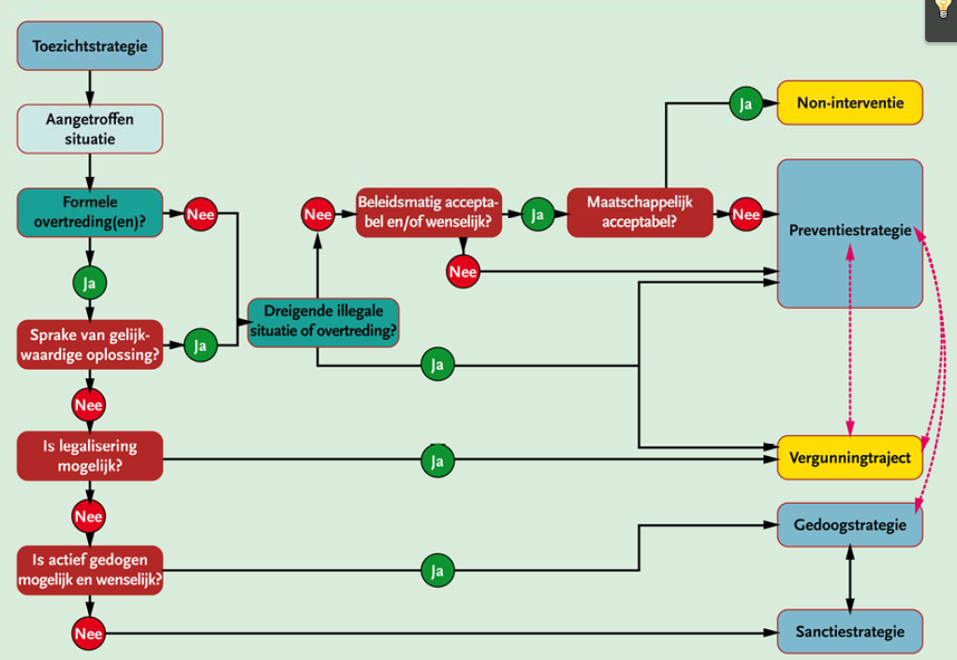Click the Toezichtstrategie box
pos(90,46)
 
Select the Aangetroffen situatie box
pos(90,128)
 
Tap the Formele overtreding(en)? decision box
pos(90,213)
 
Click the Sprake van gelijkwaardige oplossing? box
pos(90,345)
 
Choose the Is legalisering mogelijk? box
pos(90,456)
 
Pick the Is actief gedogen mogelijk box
pos(90,570)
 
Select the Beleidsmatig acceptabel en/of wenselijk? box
pos(429,213)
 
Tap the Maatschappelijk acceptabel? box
pos(640,213)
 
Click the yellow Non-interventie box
pos(850,102)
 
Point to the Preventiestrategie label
pos(850,230)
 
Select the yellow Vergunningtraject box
pos(850,458)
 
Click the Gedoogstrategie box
pos(850,524)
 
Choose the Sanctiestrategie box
pos(850,631)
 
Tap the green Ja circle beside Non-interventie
pos(745,104)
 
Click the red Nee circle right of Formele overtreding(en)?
pos(200,214)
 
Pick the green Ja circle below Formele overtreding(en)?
pos(90,283)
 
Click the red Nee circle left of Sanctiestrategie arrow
pos(89,633)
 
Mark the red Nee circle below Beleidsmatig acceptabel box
pos(463,271)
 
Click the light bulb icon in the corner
pos(943,8)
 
